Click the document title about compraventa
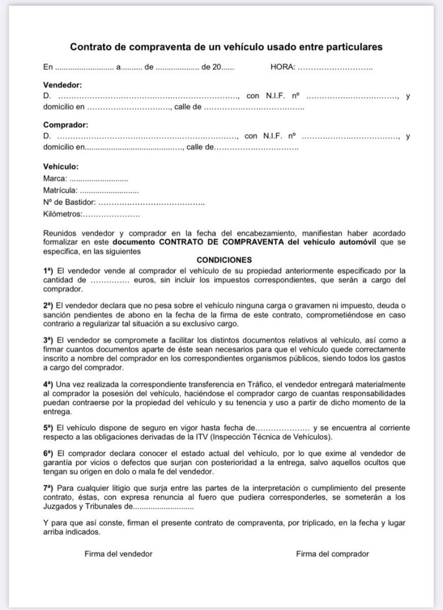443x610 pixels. [x=226, y=46]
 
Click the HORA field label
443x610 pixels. [x=283, y=68]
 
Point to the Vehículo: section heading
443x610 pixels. [x=61, y=166]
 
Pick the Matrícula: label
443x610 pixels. [x=60, y=190]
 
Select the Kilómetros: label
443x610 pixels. [x=63, y=214]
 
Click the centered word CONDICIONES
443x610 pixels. [x=224, y=260]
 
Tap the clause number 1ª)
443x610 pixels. [x=48, y=270]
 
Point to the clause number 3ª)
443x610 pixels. [x=48, y=340]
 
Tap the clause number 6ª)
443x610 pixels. [x=48, y=454]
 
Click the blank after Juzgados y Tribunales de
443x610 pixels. [x=163, y=508]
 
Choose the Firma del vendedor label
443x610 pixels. [x=118, y=553]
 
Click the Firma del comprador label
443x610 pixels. [x=332, y=553]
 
